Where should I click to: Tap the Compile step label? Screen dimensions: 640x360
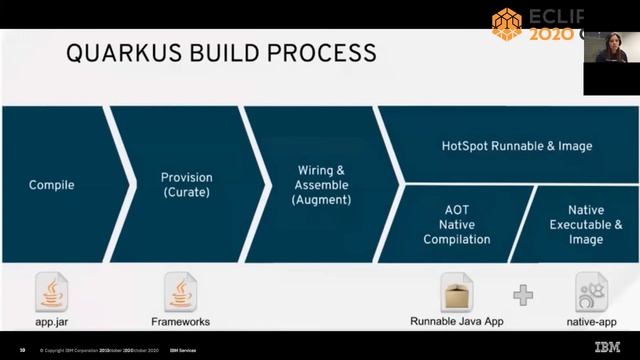click(x=51, y=185)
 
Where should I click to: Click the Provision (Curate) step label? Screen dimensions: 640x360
click(x=187, y=185)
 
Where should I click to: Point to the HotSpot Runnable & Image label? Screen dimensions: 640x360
click(x=517, y=146)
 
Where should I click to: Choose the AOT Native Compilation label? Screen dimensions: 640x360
click(x=456, y=225)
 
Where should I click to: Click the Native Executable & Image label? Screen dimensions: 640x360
click(x=586, y=225)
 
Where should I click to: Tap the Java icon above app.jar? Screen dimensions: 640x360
click(x=51, y=291)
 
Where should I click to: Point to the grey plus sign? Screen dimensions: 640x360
click(x=523, y=295)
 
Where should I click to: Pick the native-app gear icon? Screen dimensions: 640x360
click(x=591, y=292)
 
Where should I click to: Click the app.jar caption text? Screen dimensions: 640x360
click(x=51, y=323)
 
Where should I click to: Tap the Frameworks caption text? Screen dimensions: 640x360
click(x=181, y=323)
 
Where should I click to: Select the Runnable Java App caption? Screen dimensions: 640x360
click(x=456, y=323)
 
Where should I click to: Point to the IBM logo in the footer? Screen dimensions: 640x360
click(x=607, y=348)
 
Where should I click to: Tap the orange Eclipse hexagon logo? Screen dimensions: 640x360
click(x=507, y=24)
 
